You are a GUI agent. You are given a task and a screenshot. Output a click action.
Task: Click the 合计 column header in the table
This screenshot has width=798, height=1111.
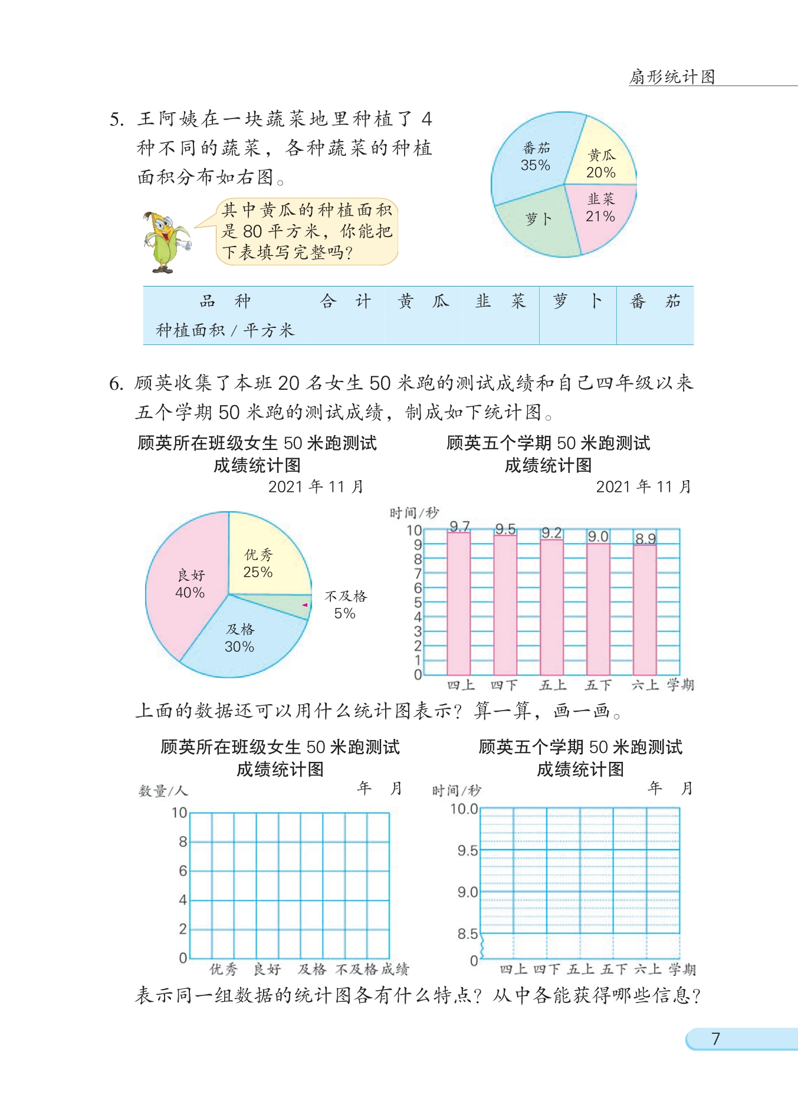[x=345, y=301]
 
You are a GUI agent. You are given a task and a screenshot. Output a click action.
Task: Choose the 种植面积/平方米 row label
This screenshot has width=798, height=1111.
[x=225, y=330]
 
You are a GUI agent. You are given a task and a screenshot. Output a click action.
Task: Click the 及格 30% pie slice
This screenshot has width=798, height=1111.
[x=242, y=637]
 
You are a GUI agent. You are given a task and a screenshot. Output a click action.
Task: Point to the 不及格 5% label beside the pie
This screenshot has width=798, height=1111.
[x=346, y=605]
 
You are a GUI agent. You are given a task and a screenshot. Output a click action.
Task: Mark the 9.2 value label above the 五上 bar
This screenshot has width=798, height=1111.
[x=551, y=533]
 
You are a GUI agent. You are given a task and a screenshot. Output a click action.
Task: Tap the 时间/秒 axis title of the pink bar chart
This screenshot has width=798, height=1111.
[x=414, y=513]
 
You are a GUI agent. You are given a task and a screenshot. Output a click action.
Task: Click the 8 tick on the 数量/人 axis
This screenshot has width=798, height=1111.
[x=183, y=842]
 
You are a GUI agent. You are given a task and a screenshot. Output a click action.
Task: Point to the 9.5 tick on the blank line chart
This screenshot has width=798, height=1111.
[x=467, y=851]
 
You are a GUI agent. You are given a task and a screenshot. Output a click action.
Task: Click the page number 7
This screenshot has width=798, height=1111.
[x=715, y=1038]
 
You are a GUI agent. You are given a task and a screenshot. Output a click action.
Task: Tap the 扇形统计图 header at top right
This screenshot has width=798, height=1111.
[x=672, y=77]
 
